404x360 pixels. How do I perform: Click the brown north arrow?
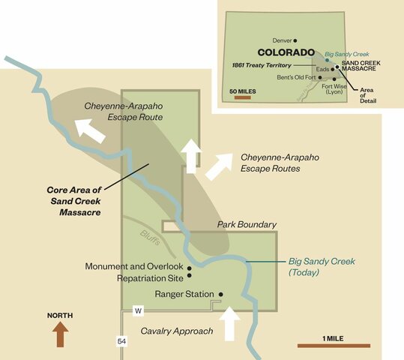pyautogui.click(x=60, y=334)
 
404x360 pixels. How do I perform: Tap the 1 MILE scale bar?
pyautogui.click(x=334, y=346)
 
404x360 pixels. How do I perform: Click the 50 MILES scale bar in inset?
pyautogui.click(x=242, y=98)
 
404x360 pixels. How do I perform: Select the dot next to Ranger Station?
pyautogui.click(x=221, y=294)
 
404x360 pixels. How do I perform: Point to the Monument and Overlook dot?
pyautogui.click(x=190, y=268)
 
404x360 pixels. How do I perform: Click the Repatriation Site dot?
pyautogui.click(x=190, y=277)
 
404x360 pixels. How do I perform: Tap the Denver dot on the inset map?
pyautogui.click(x=295, y=40)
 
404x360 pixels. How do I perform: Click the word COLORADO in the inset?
pyautogui.click(x=286, y=53)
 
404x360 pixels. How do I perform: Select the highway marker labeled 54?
pyautogui.click(x=121, y=341)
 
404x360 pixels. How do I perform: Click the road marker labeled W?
pyautogui.click(x=138, y=310)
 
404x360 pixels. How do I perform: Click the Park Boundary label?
pyautogui.click(x=247, y=225)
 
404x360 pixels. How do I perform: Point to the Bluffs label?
pyautogui.click(x=149, y=234)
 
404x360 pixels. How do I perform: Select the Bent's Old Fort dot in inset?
pyautogui.click(x=320, y=77)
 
